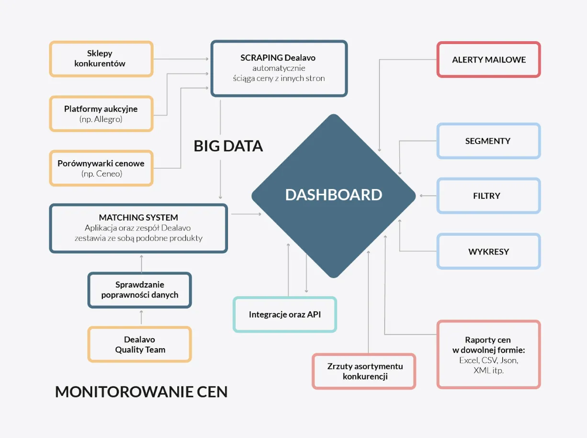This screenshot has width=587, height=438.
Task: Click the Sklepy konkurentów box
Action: (x=101, y=58)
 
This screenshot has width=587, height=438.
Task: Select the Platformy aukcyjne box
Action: (x=101, y=114)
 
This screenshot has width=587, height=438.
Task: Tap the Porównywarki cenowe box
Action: (x=101, y=168)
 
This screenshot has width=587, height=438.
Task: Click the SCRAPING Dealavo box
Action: (x=279, y=68)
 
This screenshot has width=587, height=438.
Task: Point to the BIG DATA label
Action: (x=228, y=146)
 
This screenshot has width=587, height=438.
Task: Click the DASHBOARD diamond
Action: (x=334, y=195)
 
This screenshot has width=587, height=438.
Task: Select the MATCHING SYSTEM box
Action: (x=138, y=228)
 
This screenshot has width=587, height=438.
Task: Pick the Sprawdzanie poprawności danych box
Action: (x=139, y=290)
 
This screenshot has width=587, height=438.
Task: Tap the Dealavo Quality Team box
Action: (x=139, y=344)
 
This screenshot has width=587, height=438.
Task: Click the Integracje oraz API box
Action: (x=285, y=315)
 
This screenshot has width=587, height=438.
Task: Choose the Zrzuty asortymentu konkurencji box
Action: (x=364, y=371)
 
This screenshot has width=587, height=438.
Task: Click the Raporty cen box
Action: (x=488, y=354)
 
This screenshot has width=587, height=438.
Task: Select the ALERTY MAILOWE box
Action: (x=488, y=60)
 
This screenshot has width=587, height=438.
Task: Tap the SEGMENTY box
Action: (x=488, y=141)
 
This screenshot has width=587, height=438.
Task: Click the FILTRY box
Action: (x=488, y=196)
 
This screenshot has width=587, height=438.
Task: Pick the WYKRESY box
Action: (x=488, y=251)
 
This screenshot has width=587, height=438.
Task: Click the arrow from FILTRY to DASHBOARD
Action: (x=428, y=196)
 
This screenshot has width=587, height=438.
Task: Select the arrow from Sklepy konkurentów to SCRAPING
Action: (x=181, y=59)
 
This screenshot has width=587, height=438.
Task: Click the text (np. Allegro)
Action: (x=101, y=119)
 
